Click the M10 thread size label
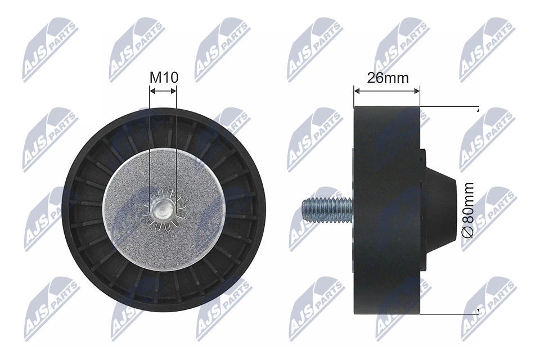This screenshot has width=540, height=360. (163, 78)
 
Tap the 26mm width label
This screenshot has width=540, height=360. (388, 78)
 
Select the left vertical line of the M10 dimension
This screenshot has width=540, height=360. (150, 146)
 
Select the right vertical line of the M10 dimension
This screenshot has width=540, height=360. (176, 146)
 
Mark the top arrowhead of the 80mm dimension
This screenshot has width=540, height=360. (478, 109)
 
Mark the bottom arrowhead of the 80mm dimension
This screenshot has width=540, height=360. (478, 310)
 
